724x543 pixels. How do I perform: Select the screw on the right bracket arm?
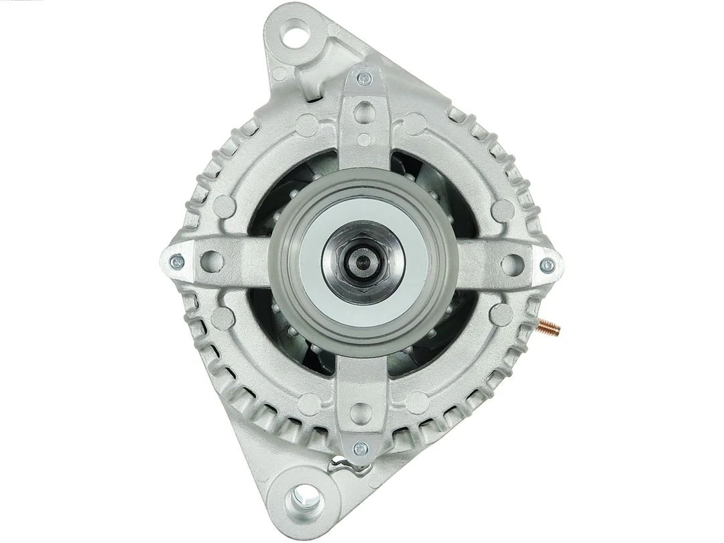tap(547, 265)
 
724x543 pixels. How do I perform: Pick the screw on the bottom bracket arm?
tap(361, 447)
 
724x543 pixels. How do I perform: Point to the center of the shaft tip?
tap(362, 261)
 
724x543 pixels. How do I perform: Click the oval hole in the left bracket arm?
tap(213, 260)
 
